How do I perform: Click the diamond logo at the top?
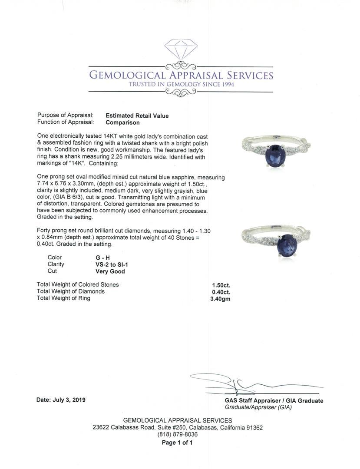[181, 50]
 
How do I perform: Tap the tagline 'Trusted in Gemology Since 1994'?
[181, 84]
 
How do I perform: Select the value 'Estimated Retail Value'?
[137, 116]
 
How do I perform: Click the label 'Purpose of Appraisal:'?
[65, 116]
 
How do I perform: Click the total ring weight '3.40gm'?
[219, 299]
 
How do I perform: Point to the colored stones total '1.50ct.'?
[221, 285]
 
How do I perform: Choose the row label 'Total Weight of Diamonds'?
[71, 291]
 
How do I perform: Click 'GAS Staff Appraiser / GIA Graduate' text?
[274, 401]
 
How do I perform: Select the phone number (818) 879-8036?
[177, 434]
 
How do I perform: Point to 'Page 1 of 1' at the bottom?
[177, 443]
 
